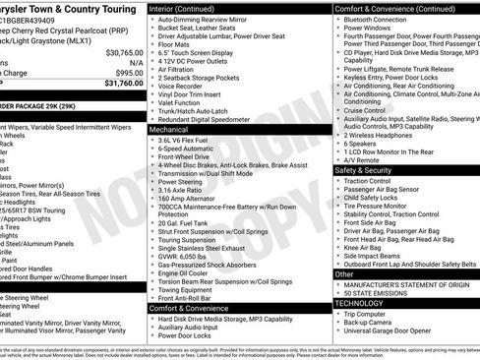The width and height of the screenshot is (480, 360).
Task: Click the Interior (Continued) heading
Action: [x=183, y=7]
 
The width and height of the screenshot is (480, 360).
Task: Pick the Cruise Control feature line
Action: [x=365, y=111]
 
